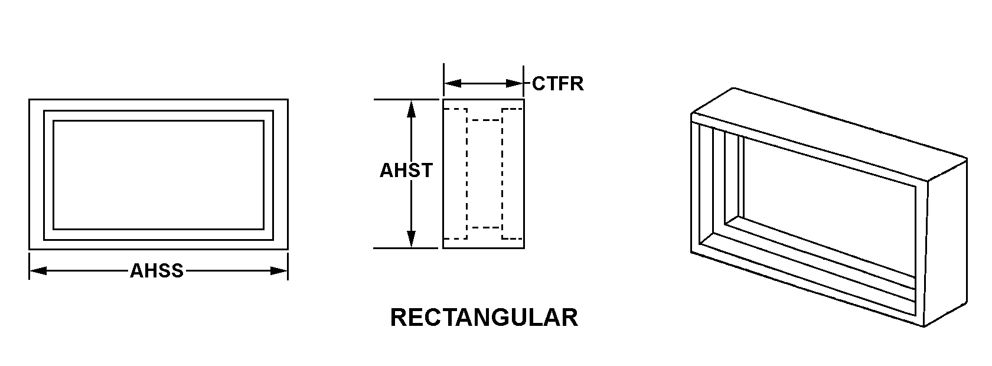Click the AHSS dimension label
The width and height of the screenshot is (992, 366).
pyautogui.click(x=157, y=271)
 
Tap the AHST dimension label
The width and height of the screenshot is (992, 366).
pyautogui.click(x=406, y=171)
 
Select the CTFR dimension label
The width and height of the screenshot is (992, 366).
pyautogui.click(x=557, y=84)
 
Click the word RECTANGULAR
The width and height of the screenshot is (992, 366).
pyautogui.click(x=484, y=318)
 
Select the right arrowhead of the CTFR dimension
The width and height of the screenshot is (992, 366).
pyautogui.click(x=515, y=84)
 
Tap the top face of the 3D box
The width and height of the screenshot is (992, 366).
pyautogui.click(x=827, y=136)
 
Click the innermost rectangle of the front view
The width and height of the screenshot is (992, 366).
pyautogui.click(x=158, y=175)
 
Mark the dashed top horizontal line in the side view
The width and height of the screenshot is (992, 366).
pyautogui.click(x=485, y=120)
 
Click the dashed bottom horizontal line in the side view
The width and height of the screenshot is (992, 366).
pyautogui.click(x=485, y=227)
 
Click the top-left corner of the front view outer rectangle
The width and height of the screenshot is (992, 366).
pyautogui.click(x=30, y=100)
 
